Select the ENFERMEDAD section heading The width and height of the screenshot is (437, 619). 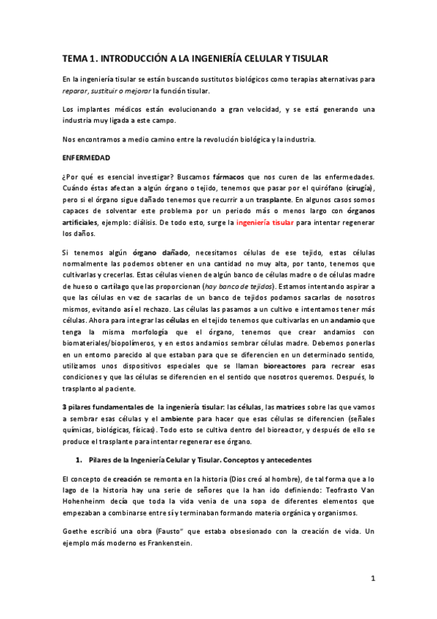87,156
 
